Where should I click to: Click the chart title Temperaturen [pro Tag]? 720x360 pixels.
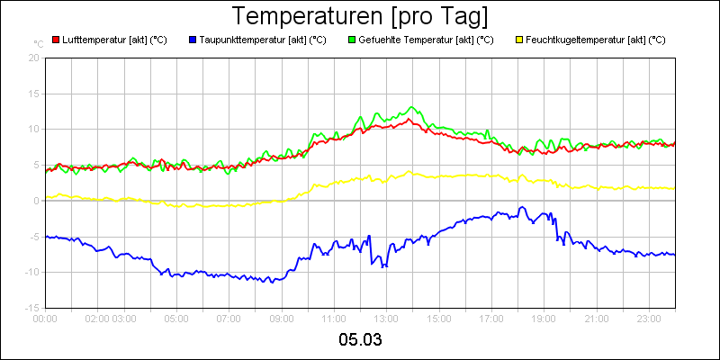360,17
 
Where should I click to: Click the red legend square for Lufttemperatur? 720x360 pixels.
56,40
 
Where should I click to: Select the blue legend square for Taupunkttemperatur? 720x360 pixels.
193,40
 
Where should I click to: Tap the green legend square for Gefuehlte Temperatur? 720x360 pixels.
352,40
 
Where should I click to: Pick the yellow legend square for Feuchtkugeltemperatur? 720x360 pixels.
519,40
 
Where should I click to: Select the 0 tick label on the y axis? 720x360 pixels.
37,201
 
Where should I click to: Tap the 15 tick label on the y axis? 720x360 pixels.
34,94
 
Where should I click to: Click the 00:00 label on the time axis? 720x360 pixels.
46,318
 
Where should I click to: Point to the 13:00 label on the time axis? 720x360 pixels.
386,318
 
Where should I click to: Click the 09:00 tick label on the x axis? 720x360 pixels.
282,318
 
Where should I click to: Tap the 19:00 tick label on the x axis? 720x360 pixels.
544,318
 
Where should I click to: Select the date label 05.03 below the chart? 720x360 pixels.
360,339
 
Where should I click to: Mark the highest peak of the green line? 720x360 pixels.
412,107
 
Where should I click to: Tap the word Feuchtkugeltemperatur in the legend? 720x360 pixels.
580,40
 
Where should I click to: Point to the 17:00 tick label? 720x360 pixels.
491,318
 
